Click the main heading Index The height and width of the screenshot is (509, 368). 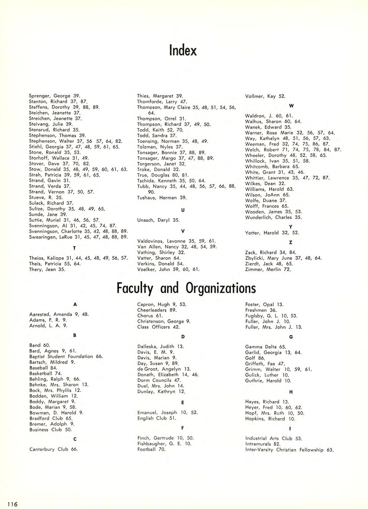(x=183, y=50)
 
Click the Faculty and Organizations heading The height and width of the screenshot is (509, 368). (x=186, y=288)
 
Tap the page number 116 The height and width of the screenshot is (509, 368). (x=11, y=504)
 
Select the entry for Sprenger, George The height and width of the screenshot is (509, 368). (x=55, y=96)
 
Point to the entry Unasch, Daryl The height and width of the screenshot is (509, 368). (x=158, y=220)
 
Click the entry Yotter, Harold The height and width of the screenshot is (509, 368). (x=272, y=233)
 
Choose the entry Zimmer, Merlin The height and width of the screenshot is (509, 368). (x=268, y=269)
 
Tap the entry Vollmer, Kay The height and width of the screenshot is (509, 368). (x=265, y=96)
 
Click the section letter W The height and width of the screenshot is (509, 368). (x=291, y=106)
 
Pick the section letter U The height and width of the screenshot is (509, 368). (x=183, y=210)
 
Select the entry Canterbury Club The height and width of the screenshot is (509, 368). (x=53, y=449)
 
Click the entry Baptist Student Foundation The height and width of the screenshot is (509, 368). (x=66, y=357)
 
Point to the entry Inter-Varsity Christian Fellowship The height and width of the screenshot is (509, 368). (x=289, y=450)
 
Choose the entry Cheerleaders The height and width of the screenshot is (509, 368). (x=157, y=310)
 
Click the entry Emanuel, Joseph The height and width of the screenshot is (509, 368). (x=167, y=412)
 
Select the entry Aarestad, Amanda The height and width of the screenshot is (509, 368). (x=59, y=314)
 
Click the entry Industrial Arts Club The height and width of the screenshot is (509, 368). (x=274, y=439)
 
